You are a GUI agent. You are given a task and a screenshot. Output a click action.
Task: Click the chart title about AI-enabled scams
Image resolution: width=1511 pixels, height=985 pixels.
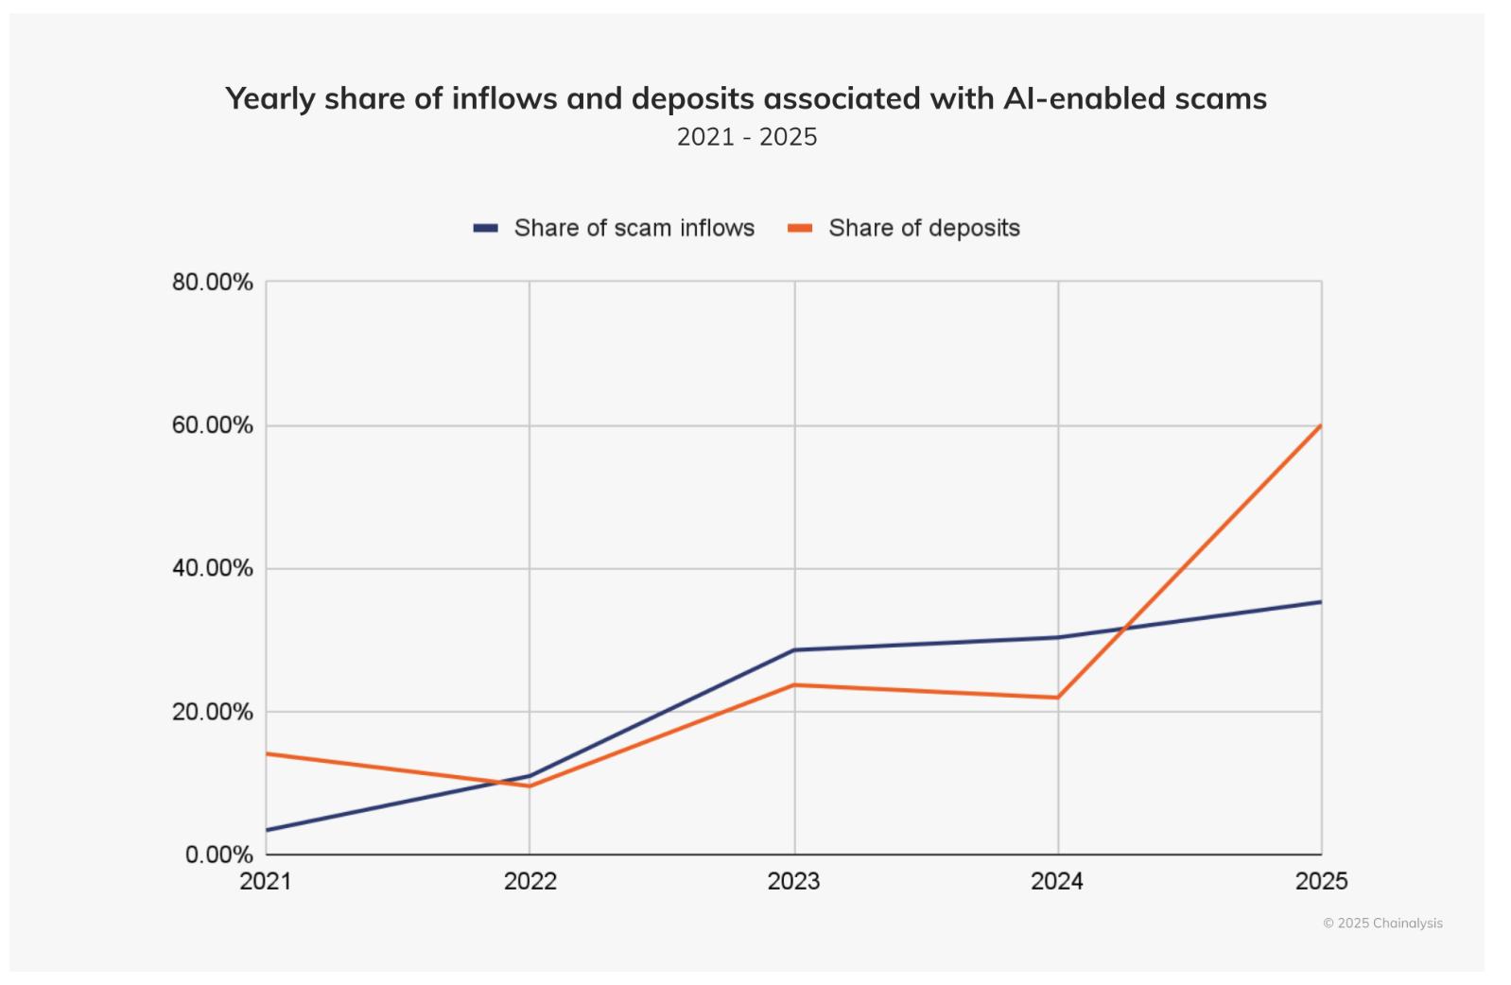[x=745, y=98]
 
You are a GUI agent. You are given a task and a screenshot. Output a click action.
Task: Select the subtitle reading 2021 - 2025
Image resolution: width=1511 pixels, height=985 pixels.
[x=746, y=137]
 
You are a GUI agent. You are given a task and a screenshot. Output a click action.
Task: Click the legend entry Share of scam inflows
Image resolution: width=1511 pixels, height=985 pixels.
[x=634, y=228]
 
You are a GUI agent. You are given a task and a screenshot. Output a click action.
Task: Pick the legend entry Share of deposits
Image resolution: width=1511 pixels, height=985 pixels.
[x=924, y=228]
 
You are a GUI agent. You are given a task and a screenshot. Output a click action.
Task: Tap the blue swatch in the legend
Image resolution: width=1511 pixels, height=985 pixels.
[x=486, y=228]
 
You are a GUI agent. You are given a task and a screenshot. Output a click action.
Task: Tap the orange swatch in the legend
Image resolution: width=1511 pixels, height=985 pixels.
[x=800, y=228]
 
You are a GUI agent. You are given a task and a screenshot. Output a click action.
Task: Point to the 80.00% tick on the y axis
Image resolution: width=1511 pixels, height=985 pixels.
[x=213, y=282]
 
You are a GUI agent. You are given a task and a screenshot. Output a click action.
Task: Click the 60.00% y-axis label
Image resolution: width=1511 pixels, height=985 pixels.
[x=213, y=425]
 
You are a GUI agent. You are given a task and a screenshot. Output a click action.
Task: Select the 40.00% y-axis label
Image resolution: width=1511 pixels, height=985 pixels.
[x=213, y=568]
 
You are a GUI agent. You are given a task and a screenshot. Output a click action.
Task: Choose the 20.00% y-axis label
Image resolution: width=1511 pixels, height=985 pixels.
[x=213, y=712]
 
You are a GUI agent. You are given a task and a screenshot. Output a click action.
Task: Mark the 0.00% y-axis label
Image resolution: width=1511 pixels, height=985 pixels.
[x=218, y=855]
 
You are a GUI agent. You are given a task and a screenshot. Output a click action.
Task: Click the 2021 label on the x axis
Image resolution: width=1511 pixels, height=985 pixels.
[x=266, y=881]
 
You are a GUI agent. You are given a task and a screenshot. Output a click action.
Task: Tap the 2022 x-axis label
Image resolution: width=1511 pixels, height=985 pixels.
[x=530, y=881]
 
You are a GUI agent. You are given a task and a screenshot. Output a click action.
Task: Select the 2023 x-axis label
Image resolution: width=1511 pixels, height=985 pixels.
[x=793, y=881]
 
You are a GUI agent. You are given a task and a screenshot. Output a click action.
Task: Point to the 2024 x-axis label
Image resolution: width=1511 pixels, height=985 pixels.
[x=1057, y=881]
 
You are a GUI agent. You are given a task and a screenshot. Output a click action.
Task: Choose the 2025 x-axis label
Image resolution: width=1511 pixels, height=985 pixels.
[x=1321, y=881]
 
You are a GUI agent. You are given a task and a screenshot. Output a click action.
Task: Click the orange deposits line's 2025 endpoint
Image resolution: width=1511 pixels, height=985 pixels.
[x=1321, y=425]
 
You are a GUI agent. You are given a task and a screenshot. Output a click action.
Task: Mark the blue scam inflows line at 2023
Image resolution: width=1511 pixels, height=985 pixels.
[x=794, y=650]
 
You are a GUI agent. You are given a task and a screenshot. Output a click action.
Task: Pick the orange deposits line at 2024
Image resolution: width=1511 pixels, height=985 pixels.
[x=1058, y=698]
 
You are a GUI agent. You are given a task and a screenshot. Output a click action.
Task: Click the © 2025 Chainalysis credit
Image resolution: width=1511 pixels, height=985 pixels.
[x=1382, y=924]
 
